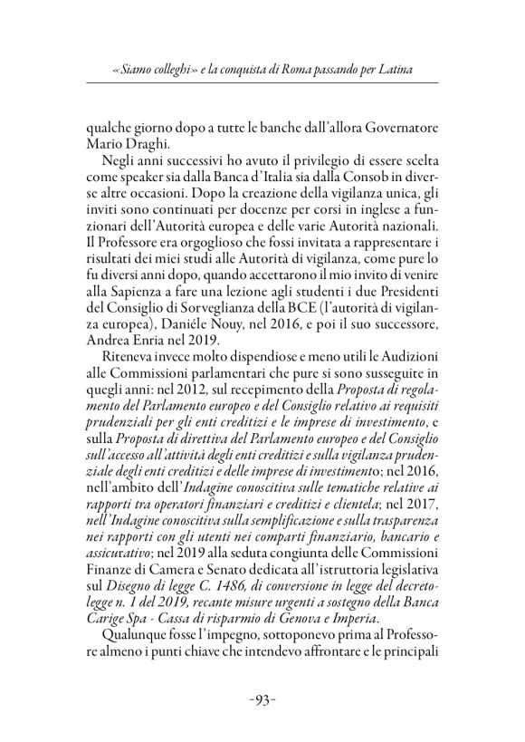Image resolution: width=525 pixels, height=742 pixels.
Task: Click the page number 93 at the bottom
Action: coord(262,700)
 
